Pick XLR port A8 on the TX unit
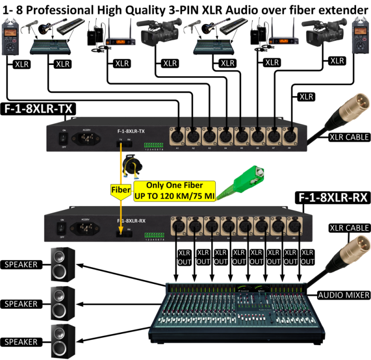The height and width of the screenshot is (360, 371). (291, 136)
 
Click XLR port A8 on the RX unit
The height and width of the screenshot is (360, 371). (292, 226)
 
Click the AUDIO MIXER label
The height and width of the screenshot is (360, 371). (344, 295)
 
